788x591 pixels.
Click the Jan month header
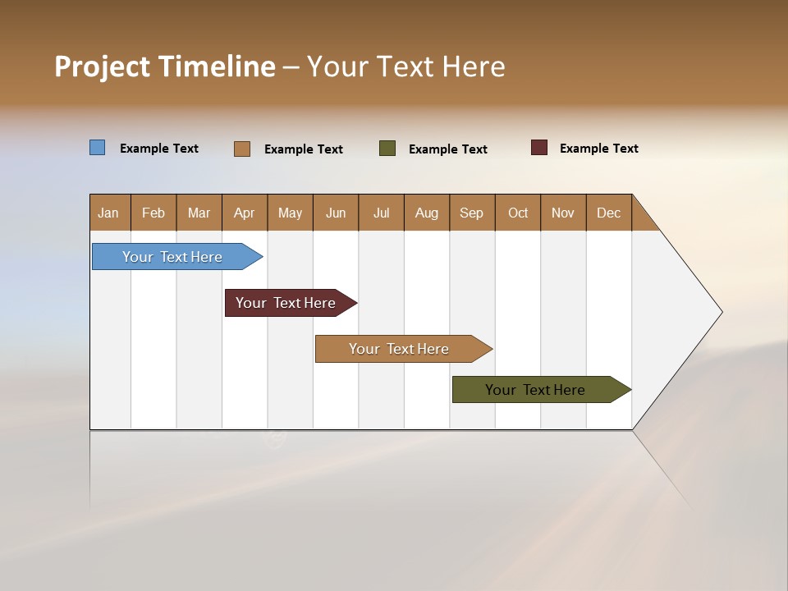109,213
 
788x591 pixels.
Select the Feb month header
153,213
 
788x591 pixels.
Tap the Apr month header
245,213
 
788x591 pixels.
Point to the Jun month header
336,213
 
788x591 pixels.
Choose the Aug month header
427,213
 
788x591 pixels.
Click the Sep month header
472,213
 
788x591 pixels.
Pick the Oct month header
518,213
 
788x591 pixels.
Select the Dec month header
609,213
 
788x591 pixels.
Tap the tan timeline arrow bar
400,349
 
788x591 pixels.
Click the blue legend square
98,148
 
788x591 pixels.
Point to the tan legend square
242,149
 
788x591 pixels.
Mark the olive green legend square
387,149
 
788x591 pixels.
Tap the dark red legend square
539,148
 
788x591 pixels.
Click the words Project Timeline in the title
165,66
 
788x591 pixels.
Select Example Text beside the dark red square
598,149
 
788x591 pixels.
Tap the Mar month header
199,213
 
